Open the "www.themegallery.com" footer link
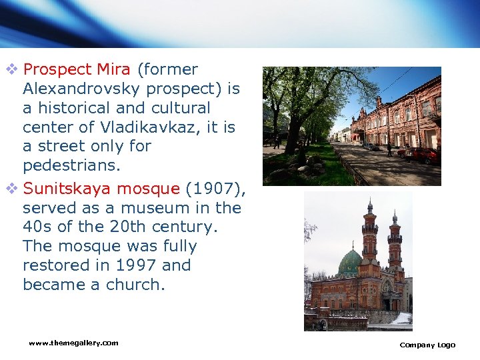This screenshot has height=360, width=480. pyautogui.click(x=73, y=343)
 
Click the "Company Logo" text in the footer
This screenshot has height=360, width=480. pyautogui.click(x=427, y=345)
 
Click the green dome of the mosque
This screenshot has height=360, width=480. pyautogui.click(x=349, y=263)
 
